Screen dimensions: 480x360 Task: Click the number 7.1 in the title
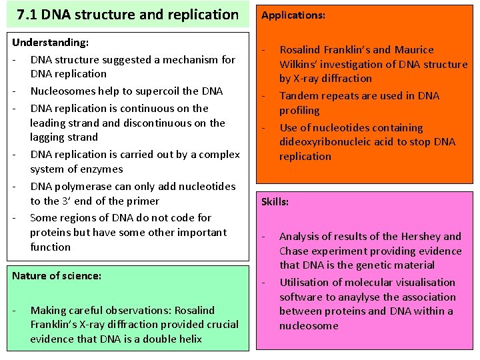[x=28, y=14]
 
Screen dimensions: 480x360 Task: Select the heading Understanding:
[x=50, y=43]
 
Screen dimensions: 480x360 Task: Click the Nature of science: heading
[x=57, y=275]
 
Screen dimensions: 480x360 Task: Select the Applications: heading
[x=293, y=14]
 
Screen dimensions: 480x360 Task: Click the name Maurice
[x=414, y=50]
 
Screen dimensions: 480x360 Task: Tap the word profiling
[x=299, y=111]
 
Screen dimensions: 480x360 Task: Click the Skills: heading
[x=275, y=201]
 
